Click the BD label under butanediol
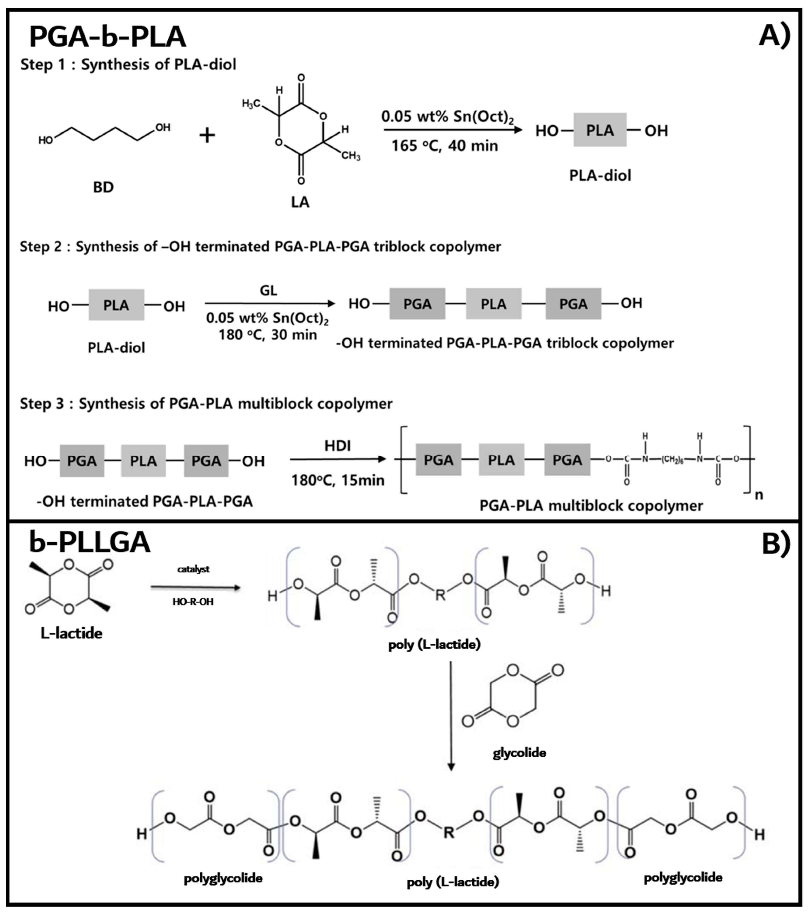tap(103, 187)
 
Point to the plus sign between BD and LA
tap(207, 135)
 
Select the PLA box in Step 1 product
tap(600, 130)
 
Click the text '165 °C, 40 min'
tap(445, 146)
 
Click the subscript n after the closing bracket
tap(759, 495)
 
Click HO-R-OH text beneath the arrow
tap(193, 602)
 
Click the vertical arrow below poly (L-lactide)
tap(451, 715)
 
